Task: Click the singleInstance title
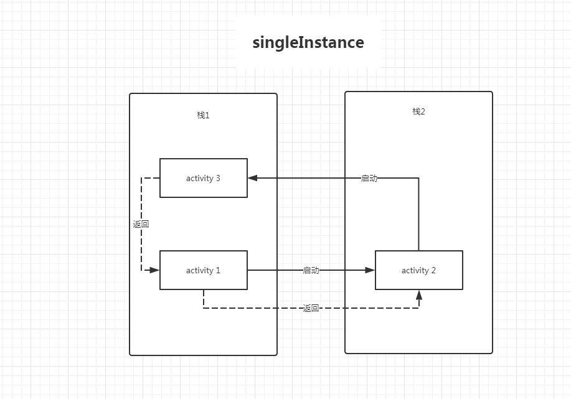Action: pyautogui.click(x=308, y=42)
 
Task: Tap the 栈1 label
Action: pyautogui.click(x=203, y=115)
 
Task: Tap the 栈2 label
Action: pyautogui.click(x=418, y=111)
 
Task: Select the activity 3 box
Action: pyautogui.click(x=204, y=178)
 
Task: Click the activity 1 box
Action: pyautogui.click(x=204, y=270)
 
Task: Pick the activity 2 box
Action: pyautogui.click(x=418, y=270)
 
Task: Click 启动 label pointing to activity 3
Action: pyautogui.click(x=369, y=178)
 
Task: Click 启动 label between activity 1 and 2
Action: pyautogui.click(x=311, y=270)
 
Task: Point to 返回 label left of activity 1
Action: pyautogui.click(x=141, y=224)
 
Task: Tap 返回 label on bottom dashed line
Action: pyautogui.click(x=311, y=308)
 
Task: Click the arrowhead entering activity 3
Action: pyautogui.click(x=252, y=178)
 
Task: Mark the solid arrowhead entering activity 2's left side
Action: pyautogui.click(x=370, y=270)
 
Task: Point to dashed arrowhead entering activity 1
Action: pyautogui.click(x=156, y=270)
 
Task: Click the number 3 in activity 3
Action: pyautogui.click(x=218, y=179)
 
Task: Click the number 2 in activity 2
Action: pyautogui.click(x=433, y=271)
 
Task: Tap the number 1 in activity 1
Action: pyautogui.click(x=218, y=271)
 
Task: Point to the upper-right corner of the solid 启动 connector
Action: pyautogui.click(x=418, y=178)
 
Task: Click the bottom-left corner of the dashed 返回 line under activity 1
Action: pyautogui.click(x=204, y=308)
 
